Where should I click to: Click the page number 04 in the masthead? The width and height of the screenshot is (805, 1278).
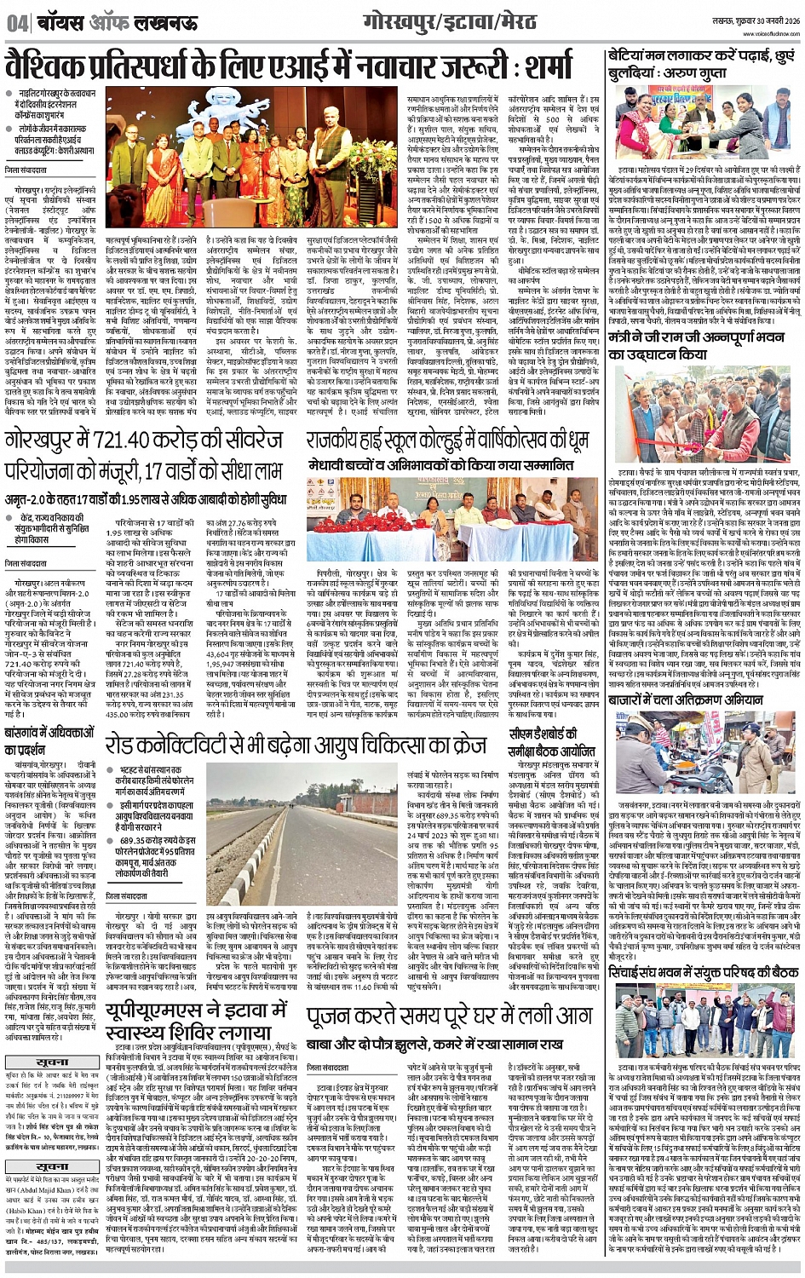point(16,23)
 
